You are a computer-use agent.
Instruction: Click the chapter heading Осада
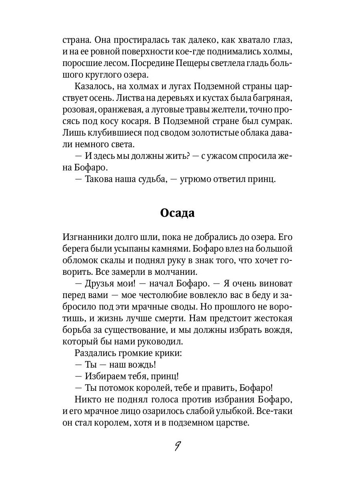[x=177, y=213]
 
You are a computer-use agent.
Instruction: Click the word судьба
[x=146, y=179]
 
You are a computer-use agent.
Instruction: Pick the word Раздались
[x=94, y=353]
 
